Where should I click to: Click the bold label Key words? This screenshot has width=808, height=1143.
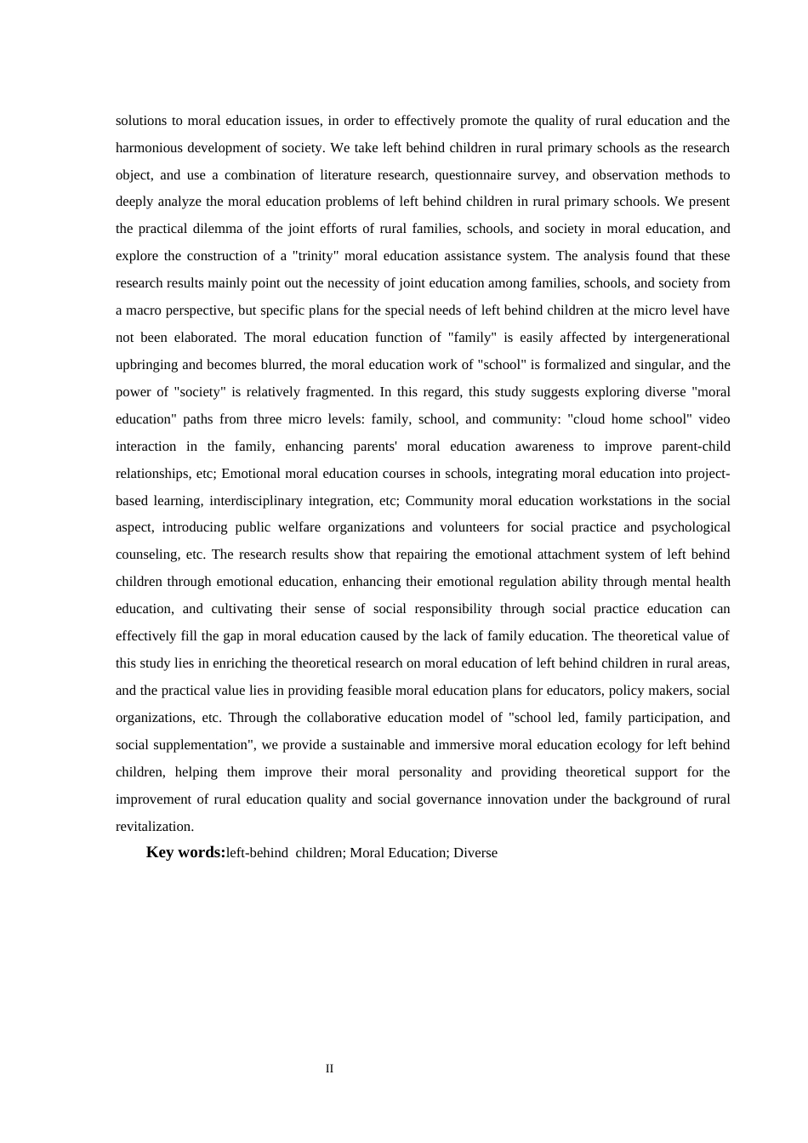(x=185, y=852)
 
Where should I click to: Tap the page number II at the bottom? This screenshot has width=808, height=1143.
(x=329, y=1068)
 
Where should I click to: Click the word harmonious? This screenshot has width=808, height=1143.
(x=147, y=148)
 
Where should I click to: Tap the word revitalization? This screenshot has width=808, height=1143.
(x=154, y=827)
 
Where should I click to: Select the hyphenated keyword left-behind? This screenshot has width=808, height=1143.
(x=257, y=853)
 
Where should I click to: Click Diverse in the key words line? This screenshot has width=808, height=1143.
(x=475, y=853)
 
